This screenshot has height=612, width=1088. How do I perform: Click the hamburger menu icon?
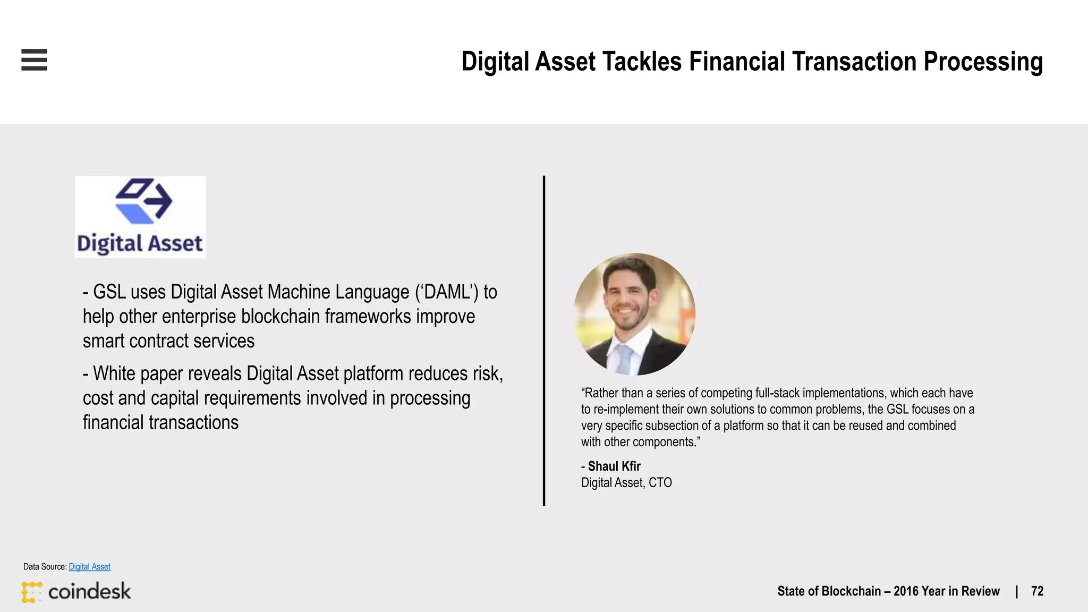coord(34,59)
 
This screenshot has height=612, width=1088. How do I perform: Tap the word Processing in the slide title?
coord(983,62)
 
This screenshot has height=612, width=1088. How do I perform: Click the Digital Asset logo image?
coord(140,217)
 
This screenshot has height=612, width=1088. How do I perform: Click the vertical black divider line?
coord(544,340)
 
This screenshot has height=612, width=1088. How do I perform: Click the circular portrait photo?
coord(634,314)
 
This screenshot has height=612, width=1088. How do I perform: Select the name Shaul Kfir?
coord(614,466)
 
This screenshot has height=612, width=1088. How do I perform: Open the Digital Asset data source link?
coord(89,567)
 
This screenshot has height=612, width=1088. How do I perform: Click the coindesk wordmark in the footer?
coord(89,591)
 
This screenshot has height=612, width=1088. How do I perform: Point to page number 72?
coord(1037,591)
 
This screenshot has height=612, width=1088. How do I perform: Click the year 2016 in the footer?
coord(907,591)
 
